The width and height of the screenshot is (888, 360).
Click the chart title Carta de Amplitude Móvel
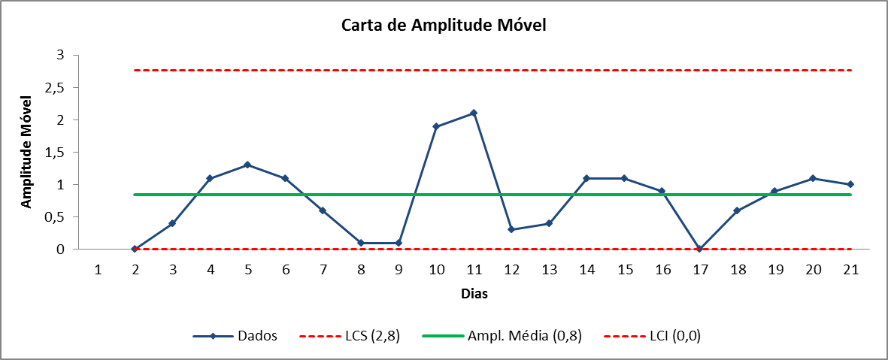tap(444, 26)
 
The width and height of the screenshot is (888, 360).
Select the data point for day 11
tap(474, 113)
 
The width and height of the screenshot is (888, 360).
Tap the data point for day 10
tap(436, 126)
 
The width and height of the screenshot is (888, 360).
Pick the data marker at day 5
tap(247, 165)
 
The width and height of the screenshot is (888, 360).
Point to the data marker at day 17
tap(700, 249)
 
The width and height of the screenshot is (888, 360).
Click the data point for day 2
tap(135, 249)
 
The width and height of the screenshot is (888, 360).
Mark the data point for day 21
tap(850, 185)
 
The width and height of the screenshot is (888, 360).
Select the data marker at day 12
tap(511, 229)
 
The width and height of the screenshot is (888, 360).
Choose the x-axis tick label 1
tap(98, 270)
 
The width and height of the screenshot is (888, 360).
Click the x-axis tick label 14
tap(586, 270)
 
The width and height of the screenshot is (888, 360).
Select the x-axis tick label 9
tap(399, 270)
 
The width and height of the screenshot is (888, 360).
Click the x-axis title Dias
tap(474, 294)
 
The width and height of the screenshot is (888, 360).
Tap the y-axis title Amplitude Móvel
tap(26, 153)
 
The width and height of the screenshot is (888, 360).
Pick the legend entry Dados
tap(235, 336)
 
